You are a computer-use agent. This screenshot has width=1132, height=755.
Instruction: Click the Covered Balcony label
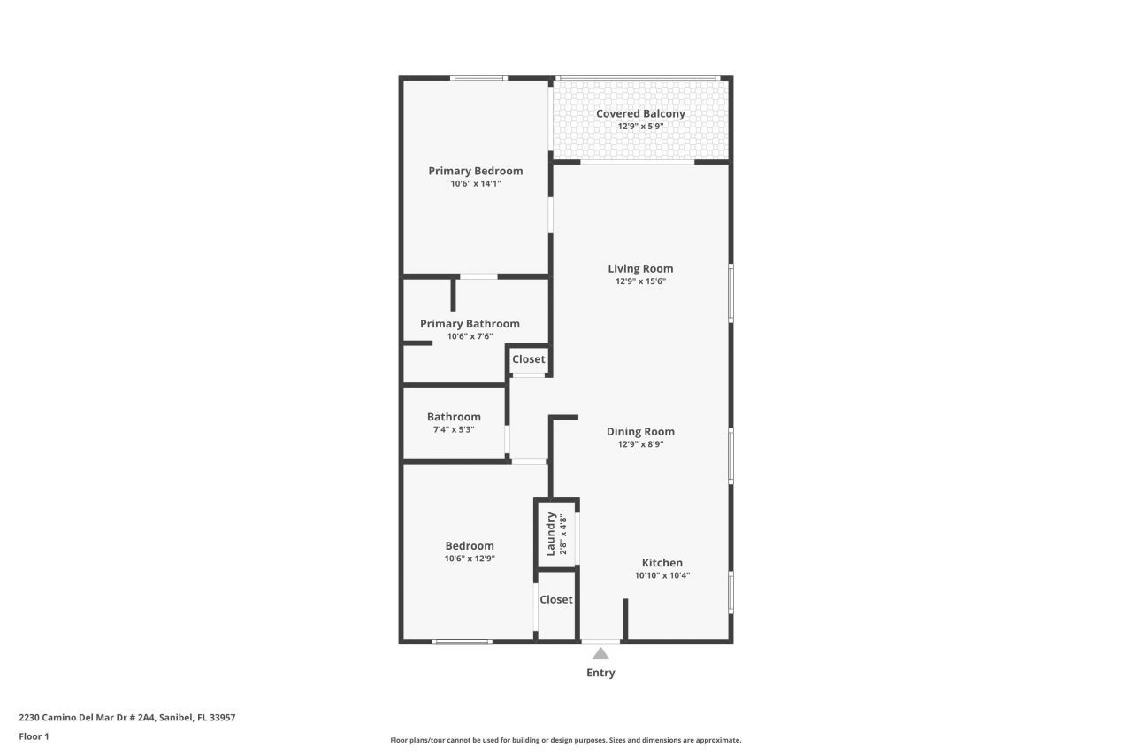[640, 113]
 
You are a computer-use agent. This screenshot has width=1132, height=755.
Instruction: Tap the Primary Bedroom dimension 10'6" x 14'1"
[476, 184]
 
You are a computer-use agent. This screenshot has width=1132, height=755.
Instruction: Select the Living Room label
[640, 268]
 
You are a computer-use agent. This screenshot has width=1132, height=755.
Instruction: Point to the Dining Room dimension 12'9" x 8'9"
[640, 444]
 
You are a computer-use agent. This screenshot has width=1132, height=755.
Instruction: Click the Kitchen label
[662, 562]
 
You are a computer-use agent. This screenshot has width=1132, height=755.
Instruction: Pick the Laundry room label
[550, 534]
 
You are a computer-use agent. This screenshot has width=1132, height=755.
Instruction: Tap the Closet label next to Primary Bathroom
[529, 359]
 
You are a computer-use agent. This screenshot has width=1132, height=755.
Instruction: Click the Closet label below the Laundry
[556, 599]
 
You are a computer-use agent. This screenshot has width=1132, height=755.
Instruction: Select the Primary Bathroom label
[470, 324]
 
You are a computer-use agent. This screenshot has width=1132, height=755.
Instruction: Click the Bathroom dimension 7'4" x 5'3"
[454, 429]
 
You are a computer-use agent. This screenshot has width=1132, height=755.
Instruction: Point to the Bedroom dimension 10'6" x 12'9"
[470, 559]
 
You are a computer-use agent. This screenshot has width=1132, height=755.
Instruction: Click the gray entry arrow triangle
[600, 654]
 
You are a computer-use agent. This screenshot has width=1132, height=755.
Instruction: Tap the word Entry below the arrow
[600, 673]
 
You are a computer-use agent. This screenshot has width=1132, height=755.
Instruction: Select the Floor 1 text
[34, 736]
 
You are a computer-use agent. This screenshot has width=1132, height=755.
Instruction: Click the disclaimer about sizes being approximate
[566, 740]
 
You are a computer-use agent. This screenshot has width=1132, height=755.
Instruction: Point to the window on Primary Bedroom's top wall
[478, 78]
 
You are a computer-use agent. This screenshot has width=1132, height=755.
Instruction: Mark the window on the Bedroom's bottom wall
[462, 642]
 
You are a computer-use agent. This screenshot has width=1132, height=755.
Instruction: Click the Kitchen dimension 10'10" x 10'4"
[662, 575]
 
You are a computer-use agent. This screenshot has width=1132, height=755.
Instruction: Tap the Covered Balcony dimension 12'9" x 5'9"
[640, 127]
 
